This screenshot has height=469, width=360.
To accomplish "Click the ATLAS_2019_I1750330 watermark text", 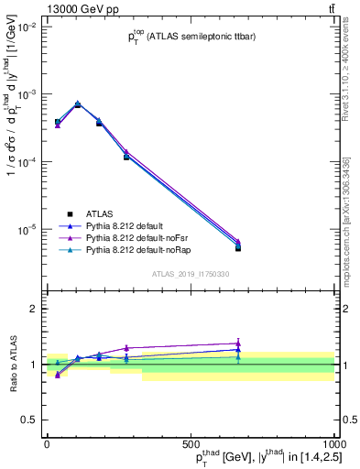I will click(x=191, y=273).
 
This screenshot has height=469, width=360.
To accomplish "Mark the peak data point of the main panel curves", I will click(x=78, y=104).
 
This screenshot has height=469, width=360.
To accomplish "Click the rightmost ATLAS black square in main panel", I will click(x=238, y=247).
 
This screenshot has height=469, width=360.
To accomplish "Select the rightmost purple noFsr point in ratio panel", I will click(x=238, y=344).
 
